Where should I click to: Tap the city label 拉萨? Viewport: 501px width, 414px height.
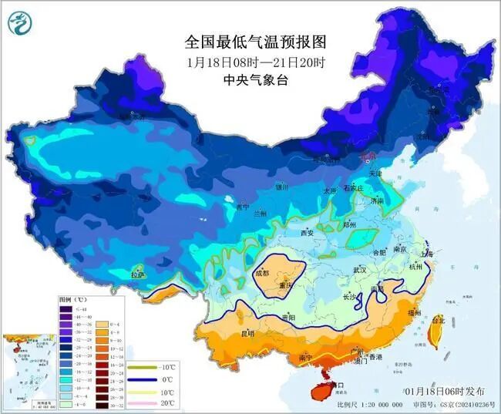click(x=138, y=275)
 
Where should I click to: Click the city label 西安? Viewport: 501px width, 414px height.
click(x=308, y=233)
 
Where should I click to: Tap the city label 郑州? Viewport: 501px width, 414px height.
click(x=349, y=224)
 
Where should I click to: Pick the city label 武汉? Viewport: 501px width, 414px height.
click(x=359, y=270)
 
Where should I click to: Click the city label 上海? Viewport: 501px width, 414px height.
click(x=429, y=253)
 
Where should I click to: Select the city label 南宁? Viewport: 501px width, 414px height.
click(x=304, y=358)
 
